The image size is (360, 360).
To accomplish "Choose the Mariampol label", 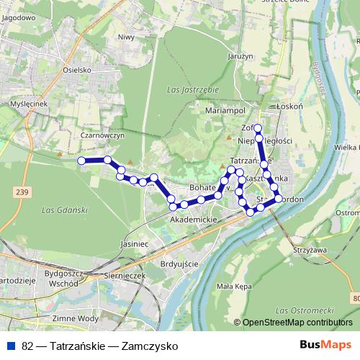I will [x=221, y=111].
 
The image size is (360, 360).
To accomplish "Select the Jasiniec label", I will [x=135, y=244].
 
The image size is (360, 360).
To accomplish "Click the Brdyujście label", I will [x=179, y=264].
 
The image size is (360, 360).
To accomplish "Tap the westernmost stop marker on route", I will [x=82, y=161].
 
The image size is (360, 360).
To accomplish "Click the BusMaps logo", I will [x=322, y=345].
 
